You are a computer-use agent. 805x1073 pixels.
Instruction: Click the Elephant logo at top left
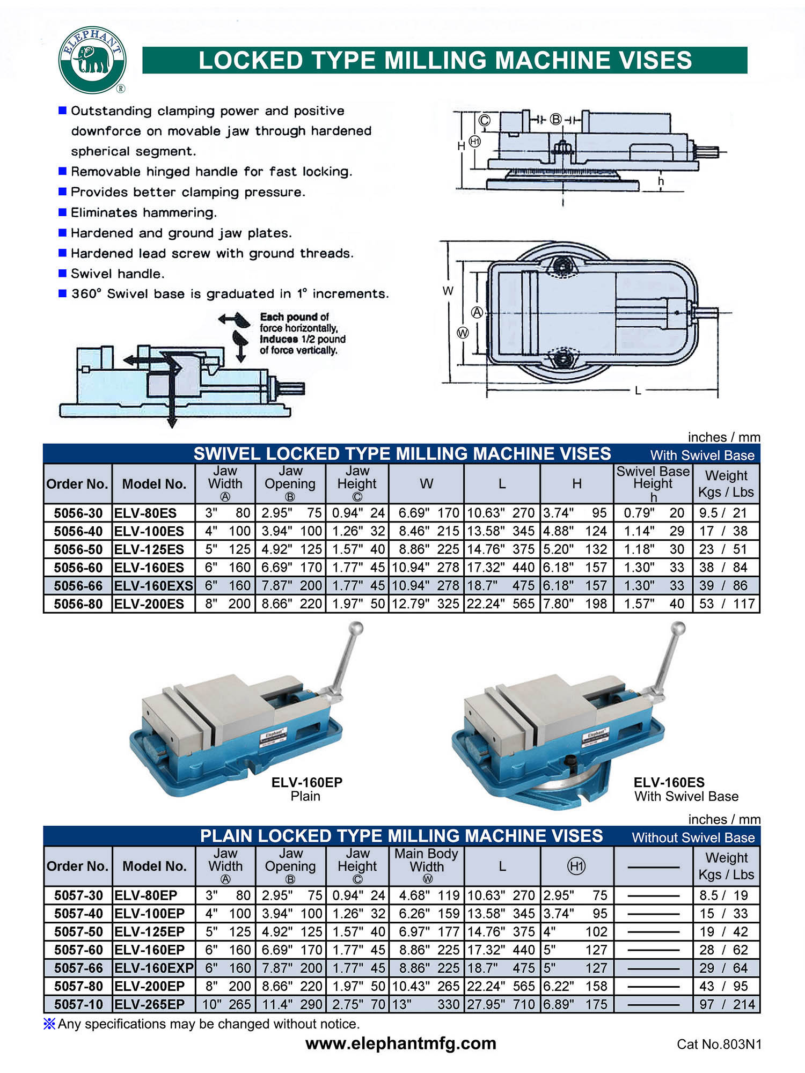[x=92, y=60]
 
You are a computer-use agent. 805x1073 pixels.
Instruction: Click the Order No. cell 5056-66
[x=78, y=585]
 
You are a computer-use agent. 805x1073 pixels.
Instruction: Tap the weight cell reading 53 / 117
[x=727, y=604]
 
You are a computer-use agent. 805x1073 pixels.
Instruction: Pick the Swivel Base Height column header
[x=653, y=483]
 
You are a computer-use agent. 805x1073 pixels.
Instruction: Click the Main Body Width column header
[x=426, y=865]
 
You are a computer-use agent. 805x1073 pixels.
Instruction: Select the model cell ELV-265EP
[x=150, y=1004]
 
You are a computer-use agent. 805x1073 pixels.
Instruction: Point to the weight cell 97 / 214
[x=727, y=1004]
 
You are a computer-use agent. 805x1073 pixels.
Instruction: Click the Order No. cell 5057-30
[x=78, y=895]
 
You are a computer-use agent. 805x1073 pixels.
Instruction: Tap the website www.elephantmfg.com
[x=401, y=1043]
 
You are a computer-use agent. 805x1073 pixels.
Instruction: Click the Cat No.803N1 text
[x=719, y=1044]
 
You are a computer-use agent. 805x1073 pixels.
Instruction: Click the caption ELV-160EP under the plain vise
[x=306, y=782]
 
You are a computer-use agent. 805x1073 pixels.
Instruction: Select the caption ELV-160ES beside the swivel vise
[x=669, y=782]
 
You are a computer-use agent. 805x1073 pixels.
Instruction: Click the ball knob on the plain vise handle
[x=356, y=628]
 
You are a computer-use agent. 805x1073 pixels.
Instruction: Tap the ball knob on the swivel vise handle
[x=678, y=628]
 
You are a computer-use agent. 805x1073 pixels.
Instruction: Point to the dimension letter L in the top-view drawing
[x=638, y=391]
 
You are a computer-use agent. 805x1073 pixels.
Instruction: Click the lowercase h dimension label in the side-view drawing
[x=661, y=181]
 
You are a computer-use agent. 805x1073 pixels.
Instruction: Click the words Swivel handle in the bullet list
[x=118, y=274]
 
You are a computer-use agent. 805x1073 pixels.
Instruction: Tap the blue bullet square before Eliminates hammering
[x=62, y=212]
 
